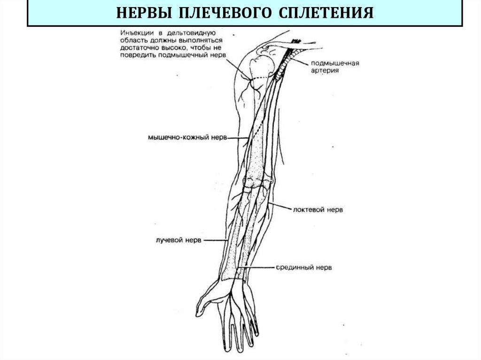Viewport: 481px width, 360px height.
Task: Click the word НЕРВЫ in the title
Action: (143, 13)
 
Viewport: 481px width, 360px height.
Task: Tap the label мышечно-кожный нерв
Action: (187, 138)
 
